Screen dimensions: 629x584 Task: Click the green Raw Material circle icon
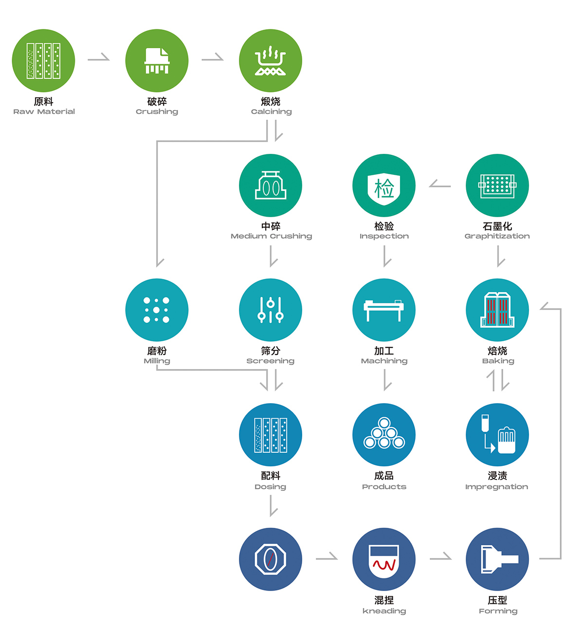click(x=43, y=60)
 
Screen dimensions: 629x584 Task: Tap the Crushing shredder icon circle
click(x=157, y=60)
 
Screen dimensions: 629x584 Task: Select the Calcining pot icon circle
click(x=271, y=60)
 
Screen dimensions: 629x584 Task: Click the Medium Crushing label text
click(x=271, y=236)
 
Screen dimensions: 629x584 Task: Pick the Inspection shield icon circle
click(x=384, y=185)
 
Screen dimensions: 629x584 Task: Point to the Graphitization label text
click(x=497, y=236)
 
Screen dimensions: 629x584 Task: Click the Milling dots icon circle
click(x=157, y=310)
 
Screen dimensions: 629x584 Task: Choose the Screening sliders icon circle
click(x=271, y=310)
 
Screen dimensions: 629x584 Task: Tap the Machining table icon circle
click(x=384, y=310)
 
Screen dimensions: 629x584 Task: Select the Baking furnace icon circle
click(x=497, y=310)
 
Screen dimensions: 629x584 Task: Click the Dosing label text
click(x=271, y=486)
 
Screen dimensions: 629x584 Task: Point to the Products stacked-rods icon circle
click(x=384, y=435)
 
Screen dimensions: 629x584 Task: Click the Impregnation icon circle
click(x=497, y=435)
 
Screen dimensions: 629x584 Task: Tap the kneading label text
click(x=384, y=611)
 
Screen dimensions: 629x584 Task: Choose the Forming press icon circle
click(x=497, y=559)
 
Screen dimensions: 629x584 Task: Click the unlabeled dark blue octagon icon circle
click(x=271, y=559)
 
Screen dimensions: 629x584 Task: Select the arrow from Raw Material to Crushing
click(x=99, y=58)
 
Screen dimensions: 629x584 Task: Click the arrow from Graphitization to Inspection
click(x=440, y=185)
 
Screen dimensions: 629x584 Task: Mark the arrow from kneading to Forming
click(x=440, y=557)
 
